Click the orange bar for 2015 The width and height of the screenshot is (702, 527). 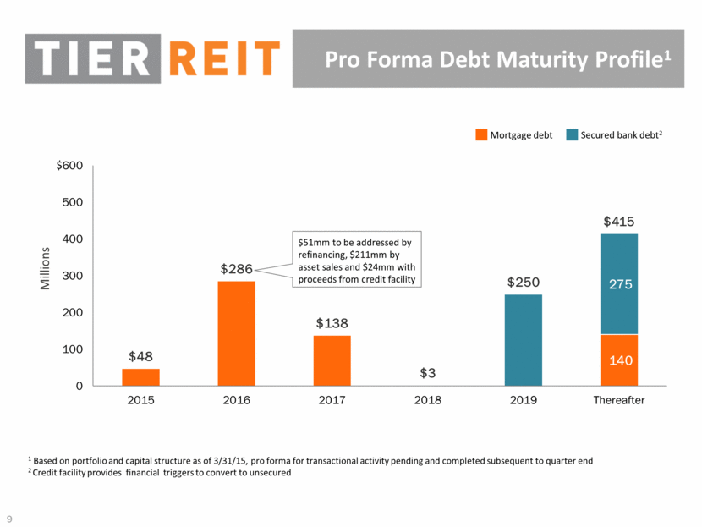coord(140,377)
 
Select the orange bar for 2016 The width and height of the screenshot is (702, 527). coord(236,333)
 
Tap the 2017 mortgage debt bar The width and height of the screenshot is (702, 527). coord(332,360)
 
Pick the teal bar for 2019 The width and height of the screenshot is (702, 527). coord(524,340)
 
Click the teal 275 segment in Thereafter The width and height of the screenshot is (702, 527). coord(620,284)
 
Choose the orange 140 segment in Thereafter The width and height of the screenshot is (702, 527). coord(620,360)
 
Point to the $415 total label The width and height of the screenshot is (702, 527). coord(620,222)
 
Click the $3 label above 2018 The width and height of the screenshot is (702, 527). coord(428,373)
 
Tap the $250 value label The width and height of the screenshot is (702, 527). coord(524,283)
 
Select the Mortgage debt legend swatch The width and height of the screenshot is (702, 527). coord(481,134)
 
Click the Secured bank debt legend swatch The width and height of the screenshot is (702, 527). coord(572,134)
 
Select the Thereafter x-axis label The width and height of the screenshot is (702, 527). coord(620,400)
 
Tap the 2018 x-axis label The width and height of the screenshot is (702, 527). coord(428,400)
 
